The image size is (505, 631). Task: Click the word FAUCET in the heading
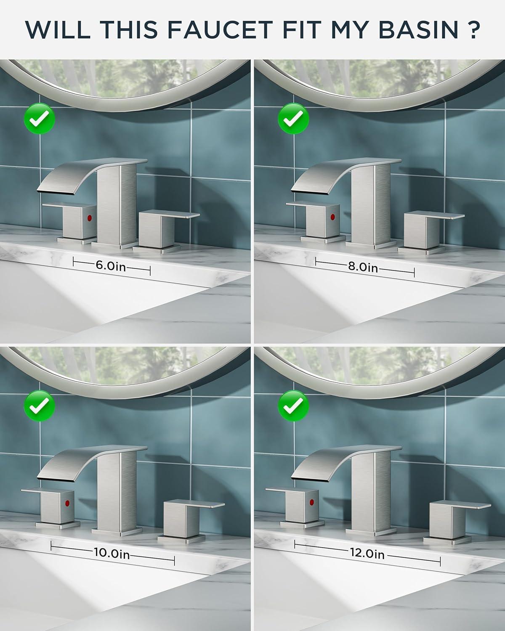[221, 29]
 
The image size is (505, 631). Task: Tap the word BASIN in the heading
[419, 29]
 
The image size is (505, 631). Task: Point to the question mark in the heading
[473, 29]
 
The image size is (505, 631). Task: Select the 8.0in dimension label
[363, 268]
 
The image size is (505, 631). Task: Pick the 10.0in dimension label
[112, 553]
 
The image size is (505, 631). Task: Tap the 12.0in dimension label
[367, 553]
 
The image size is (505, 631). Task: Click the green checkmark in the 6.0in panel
[40, 119]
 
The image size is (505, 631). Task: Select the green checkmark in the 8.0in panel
[293, 119]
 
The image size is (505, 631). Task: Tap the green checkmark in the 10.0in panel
[40, 406]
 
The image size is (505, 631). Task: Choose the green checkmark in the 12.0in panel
[293, 406]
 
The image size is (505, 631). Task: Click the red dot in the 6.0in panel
[90, 218]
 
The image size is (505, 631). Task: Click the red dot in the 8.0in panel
[332, 217]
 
